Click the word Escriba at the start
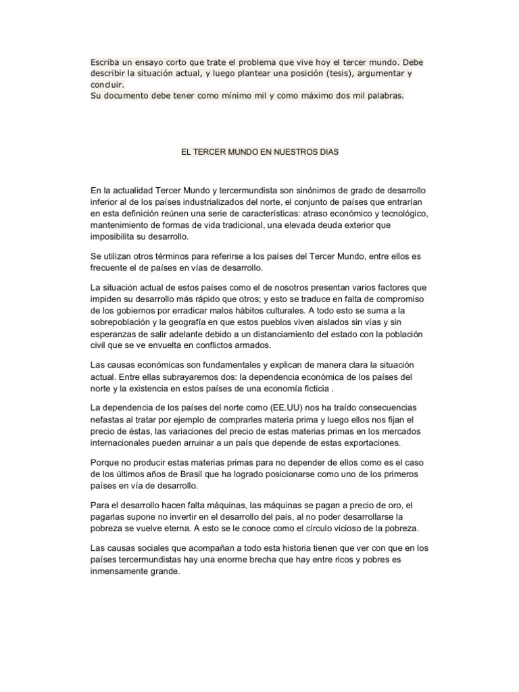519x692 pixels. point(105,62)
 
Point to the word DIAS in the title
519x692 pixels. point(328,153)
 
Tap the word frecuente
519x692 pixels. point(113,268)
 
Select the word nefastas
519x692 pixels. point(108,420)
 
